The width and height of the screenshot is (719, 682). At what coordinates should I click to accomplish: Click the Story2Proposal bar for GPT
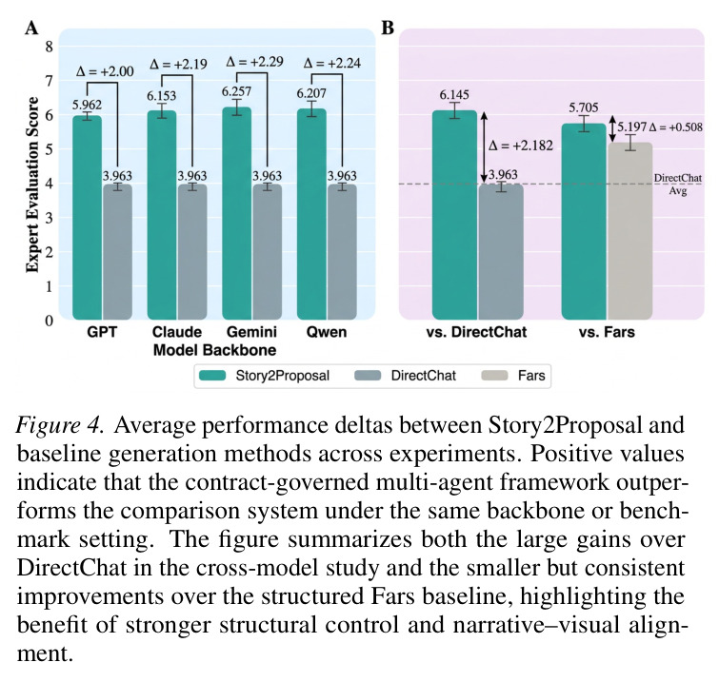click(x=87, y=218)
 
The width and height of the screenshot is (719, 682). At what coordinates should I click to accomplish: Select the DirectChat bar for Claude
click(x=192, y=252)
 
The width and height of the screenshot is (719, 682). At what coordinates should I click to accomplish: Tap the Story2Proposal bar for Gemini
click(x=236, y=213)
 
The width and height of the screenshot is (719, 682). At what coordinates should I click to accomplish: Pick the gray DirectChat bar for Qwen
click(x=342, y=252)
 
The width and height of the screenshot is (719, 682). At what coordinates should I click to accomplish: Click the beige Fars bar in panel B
click(x=630, y=231)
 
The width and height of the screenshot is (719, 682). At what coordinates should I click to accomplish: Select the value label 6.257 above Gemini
click(x=236, y=91)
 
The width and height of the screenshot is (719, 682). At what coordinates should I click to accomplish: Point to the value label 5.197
click(x=632, y=127)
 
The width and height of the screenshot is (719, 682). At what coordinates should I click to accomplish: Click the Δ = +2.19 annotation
click(x=178, y=64)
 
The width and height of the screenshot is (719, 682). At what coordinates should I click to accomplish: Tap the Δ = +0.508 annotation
click(x=676, y=127)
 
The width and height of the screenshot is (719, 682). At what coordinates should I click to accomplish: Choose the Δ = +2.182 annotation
click(x=521, y=146)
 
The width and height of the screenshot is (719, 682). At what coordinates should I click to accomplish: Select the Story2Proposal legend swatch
click(x=212, y=376)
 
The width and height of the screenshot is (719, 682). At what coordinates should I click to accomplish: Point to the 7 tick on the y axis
click(x=49, y=81)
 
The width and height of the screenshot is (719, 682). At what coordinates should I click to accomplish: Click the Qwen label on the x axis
click(x=327, y=332)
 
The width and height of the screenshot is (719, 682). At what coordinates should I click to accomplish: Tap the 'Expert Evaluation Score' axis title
click(x=32, y=185)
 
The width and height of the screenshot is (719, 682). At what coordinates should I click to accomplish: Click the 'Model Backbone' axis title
click(x=214, y=350)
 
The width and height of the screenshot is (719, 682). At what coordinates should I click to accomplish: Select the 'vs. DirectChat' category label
click(x=476, y=332)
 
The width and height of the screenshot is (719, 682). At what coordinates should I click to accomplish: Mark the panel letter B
click(x=388, y=28)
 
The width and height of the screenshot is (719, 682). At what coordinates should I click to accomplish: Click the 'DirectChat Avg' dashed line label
click(x=678, y=185)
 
